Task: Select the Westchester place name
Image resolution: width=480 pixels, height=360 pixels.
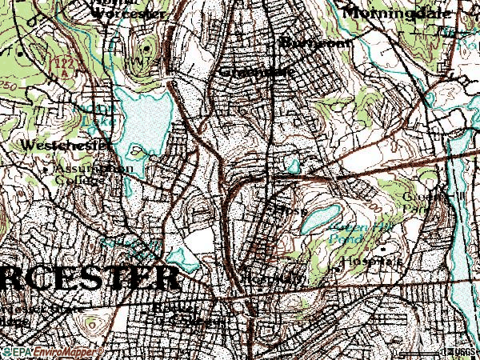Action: coord(54,146)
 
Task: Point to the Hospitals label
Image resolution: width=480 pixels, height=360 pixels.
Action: coord(370,262)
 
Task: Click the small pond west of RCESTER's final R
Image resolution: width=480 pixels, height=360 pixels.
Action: coord(184,258)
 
